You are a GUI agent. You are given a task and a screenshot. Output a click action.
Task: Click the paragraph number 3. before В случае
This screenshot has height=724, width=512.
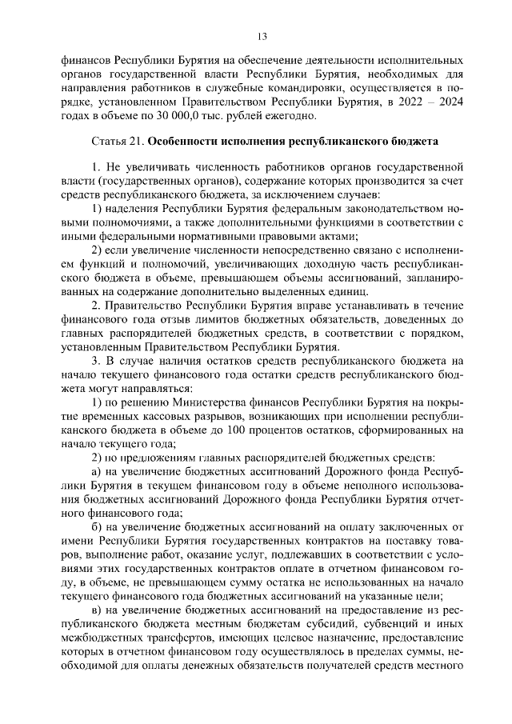tap(97, 361)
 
